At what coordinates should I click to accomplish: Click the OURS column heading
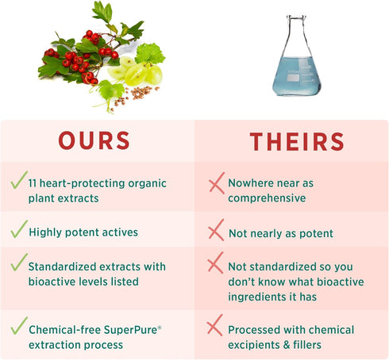94,140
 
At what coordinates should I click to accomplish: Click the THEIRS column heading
297,142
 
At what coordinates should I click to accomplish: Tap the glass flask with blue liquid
297,56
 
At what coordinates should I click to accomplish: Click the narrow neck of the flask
296,32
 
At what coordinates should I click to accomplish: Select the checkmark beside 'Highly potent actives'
19,229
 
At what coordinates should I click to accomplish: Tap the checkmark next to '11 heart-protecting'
19,180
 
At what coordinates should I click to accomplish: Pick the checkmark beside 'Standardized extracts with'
19,262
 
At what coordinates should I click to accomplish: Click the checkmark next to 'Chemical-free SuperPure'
19,325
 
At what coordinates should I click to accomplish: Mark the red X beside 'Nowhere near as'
217,183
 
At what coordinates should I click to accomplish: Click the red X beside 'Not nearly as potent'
216,230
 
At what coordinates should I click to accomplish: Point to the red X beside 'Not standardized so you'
215,262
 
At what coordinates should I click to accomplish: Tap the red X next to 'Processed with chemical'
214,325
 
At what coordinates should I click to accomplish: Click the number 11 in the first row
33,183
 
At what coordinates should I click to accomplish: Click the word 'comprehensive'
267,198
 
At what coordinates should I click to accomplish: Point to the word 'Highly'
45,232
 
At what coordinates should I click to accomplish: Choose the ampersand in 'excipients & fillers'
286,345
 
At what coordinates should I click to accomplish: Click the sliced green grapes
136,71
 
